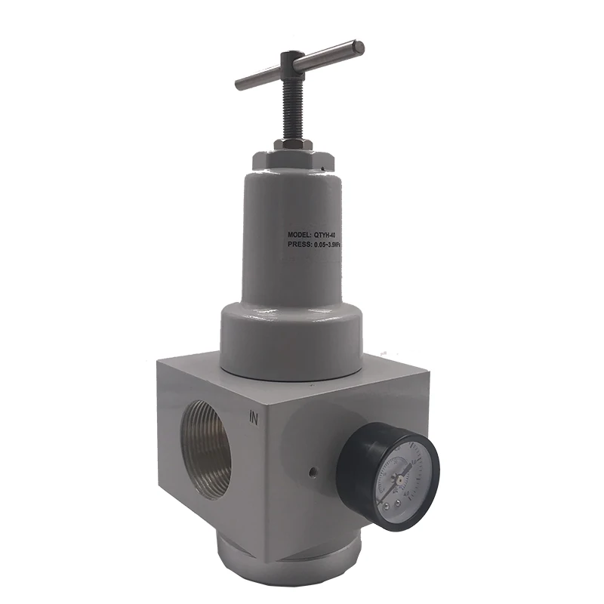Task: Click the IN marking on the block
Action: point(254,416)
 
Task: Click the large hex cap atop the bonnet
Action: point(291,160)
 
